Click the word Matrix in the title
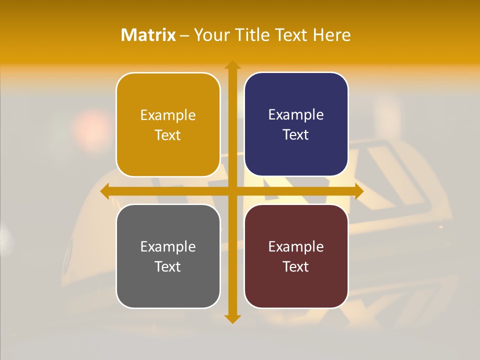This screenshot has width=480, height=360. pos(148,35)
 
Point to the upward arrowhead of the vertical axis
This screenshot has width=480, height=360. pos(232,65)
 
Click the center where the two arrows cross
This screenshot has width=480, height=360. pos(232,191)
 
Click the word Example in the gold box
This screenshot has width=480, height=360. pos(168,115)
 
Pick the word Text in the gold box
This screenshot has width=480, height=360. pos(168,135)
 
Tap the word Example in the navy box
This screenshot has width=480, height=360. pos(296,114)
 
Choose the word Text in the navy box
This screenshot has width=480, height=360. pos(296,134)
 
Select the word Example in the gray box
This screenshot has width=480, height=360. pos(168,246)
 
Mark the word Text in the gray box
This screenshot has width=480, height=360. pos(168,266)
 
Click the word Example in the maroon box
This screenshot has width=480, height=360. pos(296,246)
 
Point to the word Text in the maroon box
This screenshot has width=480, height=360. pos(296,266)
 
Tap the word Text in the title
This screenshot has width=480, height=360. pos(292,35)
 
